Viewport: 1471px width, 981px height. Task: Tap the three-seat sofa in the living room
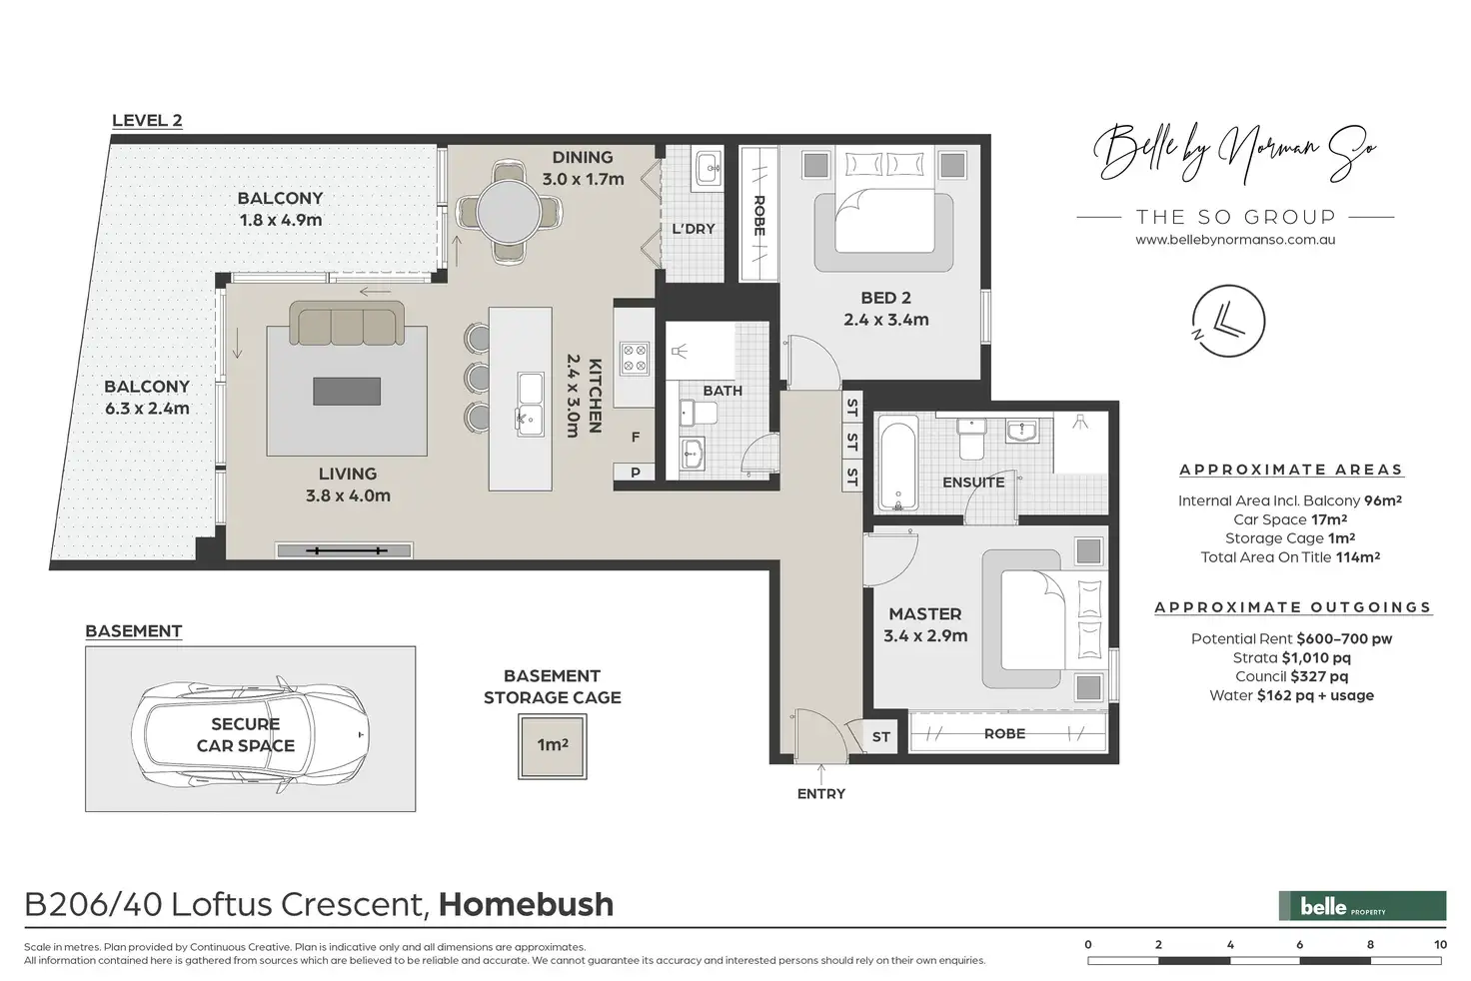(347, 323)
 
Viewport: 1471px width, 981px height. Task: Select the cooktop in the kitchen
(635, 359)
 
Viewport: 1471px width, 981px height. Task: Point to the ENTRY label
(820, 794)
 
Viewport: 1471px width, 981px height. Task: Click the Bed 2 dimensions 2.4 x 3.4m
(885, 320)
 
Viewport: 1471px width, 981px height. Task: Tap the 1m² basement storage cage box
(553, 746)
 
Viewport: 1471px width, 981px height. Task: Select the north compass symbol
(1228, 321)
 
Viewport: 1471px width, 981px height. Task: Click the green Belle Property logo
(1362, 906)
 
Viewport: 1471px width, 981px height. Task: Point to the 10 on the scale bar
(1440, 945)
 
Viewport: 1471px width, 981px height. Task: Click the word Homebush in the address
(526, 904)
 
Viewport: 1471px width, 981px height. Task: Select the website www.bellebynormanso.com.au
(1235, 240)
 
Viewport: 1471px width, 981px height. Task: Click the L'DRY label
(694, 229)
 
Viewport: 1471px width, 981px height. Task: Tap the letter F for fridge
(635, 438)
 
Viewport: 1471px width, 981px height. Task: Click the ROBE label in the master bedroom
(1004, 733)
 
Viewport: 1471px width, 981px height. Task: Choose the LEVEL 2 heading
(147, 120)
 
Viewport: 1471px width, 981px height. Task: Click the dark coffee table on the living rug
(347, 392)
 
